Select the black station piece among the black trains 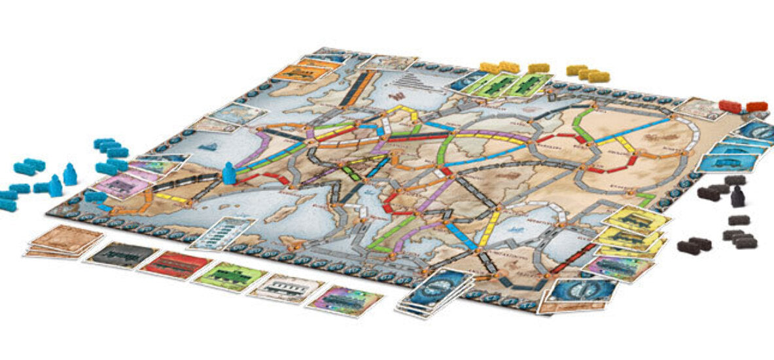point(737,195)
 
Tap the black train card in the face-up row point(122,255)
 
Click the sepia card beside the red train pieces point(699,107)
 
